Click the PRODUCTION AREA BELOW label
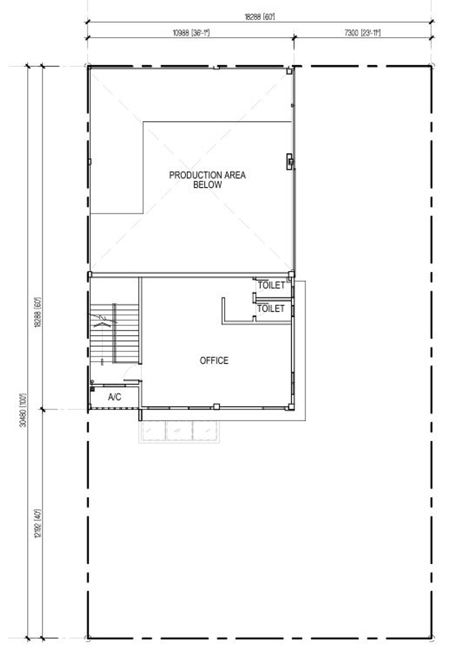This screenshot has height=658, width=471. pos(207,180)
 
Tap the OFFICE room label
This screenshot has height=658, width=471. pos(214,360)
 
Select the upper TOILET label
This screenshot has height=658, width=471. pos(271,285)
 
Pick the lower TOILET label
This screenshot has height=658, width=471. pos(271,309)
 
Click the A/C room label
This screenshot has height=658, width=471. pos(114,397)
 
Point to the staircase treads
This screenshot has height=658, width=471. pos(114,333)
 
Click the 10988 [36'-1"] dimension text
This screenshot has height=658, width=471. pos(191,32)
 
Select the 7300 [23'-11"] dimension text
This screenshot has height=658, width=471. pos(362,32)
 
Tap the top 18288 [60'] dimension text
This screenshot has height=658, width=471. pos(260,17)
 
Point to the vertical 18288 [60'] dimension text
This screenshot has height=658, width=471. pos(38,313)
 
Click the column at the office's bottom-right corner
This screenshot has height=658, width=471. pos(291,407)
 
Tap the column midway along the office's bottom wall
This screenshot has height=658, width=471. pos(216,406)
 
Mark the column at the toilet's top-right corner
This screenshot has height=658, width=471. pos(291,275)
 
